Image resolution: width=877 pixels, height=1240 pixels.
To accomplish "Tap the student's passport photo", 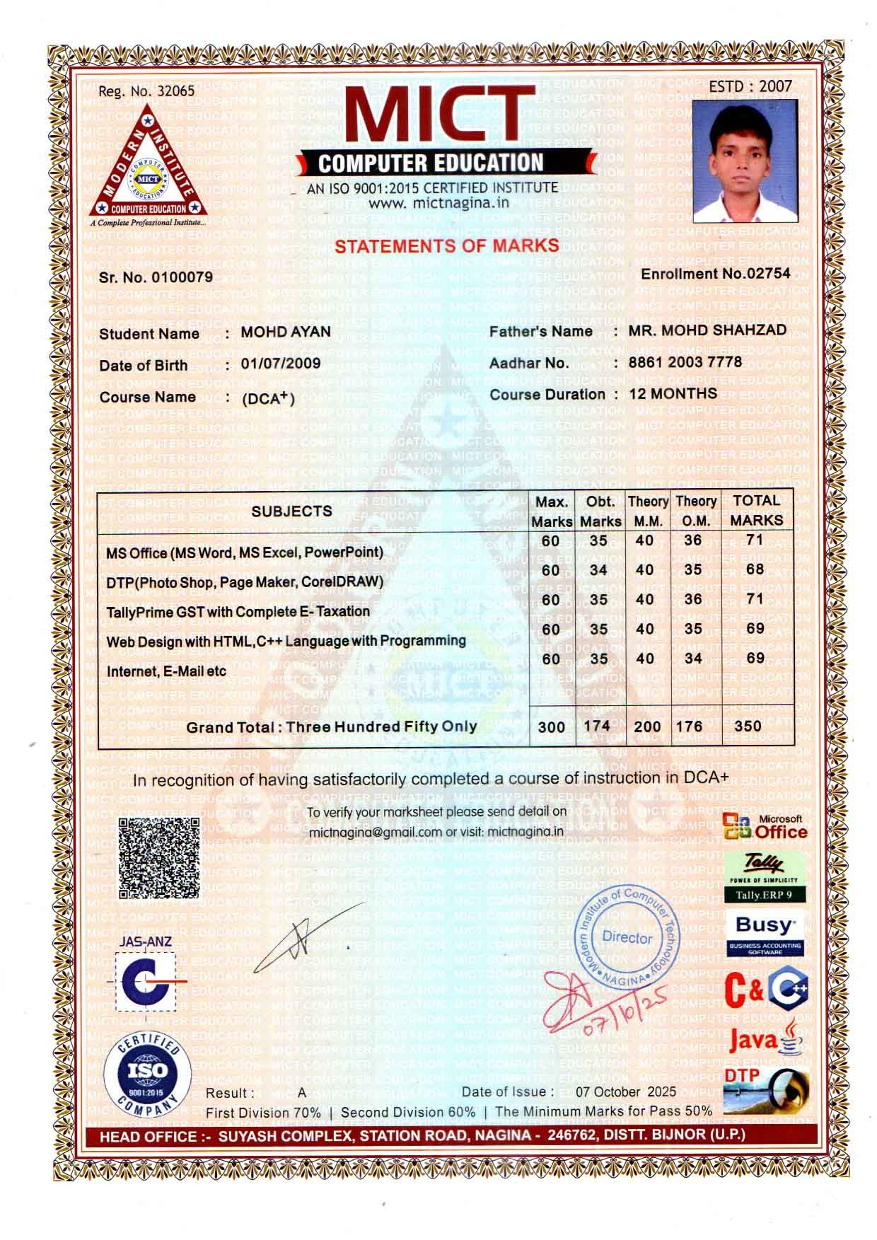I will tap(744, 161).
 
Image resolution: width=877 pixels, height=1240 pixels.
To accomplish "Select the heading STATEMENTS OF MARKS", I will tap(446, 245).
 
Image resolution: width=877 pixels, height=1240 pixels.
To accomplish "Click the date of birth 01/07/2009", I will tap(281, 364).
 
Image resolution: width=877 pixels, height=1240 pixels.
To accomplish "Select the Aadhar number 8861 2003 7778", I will tap(685, 362).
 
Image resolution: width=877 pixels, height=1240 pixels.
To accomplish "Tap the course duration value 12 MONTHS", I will tap(673, 393).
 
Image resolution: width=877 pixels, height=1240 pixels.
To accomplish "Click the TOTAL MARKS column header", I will tap(756, 510).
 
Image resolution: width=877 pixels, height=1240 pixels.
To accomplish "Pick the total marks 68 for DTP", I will tap(755, 569).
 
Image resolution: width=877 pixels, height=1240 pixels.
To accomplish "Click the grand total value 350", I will tap(748, 726).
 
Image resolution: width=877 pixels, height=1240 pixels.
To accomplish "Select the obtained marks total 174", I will tap(597, 725).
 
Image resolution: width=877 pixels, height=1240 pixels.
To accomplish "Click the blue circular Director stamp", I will tap(627, 937).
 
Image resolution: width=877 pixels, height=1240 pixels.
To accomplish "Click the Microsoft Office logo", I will tap(766, 826).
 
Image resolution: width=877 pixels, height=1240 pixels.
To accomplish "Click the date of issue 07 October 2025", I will tap(625, 1091).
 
